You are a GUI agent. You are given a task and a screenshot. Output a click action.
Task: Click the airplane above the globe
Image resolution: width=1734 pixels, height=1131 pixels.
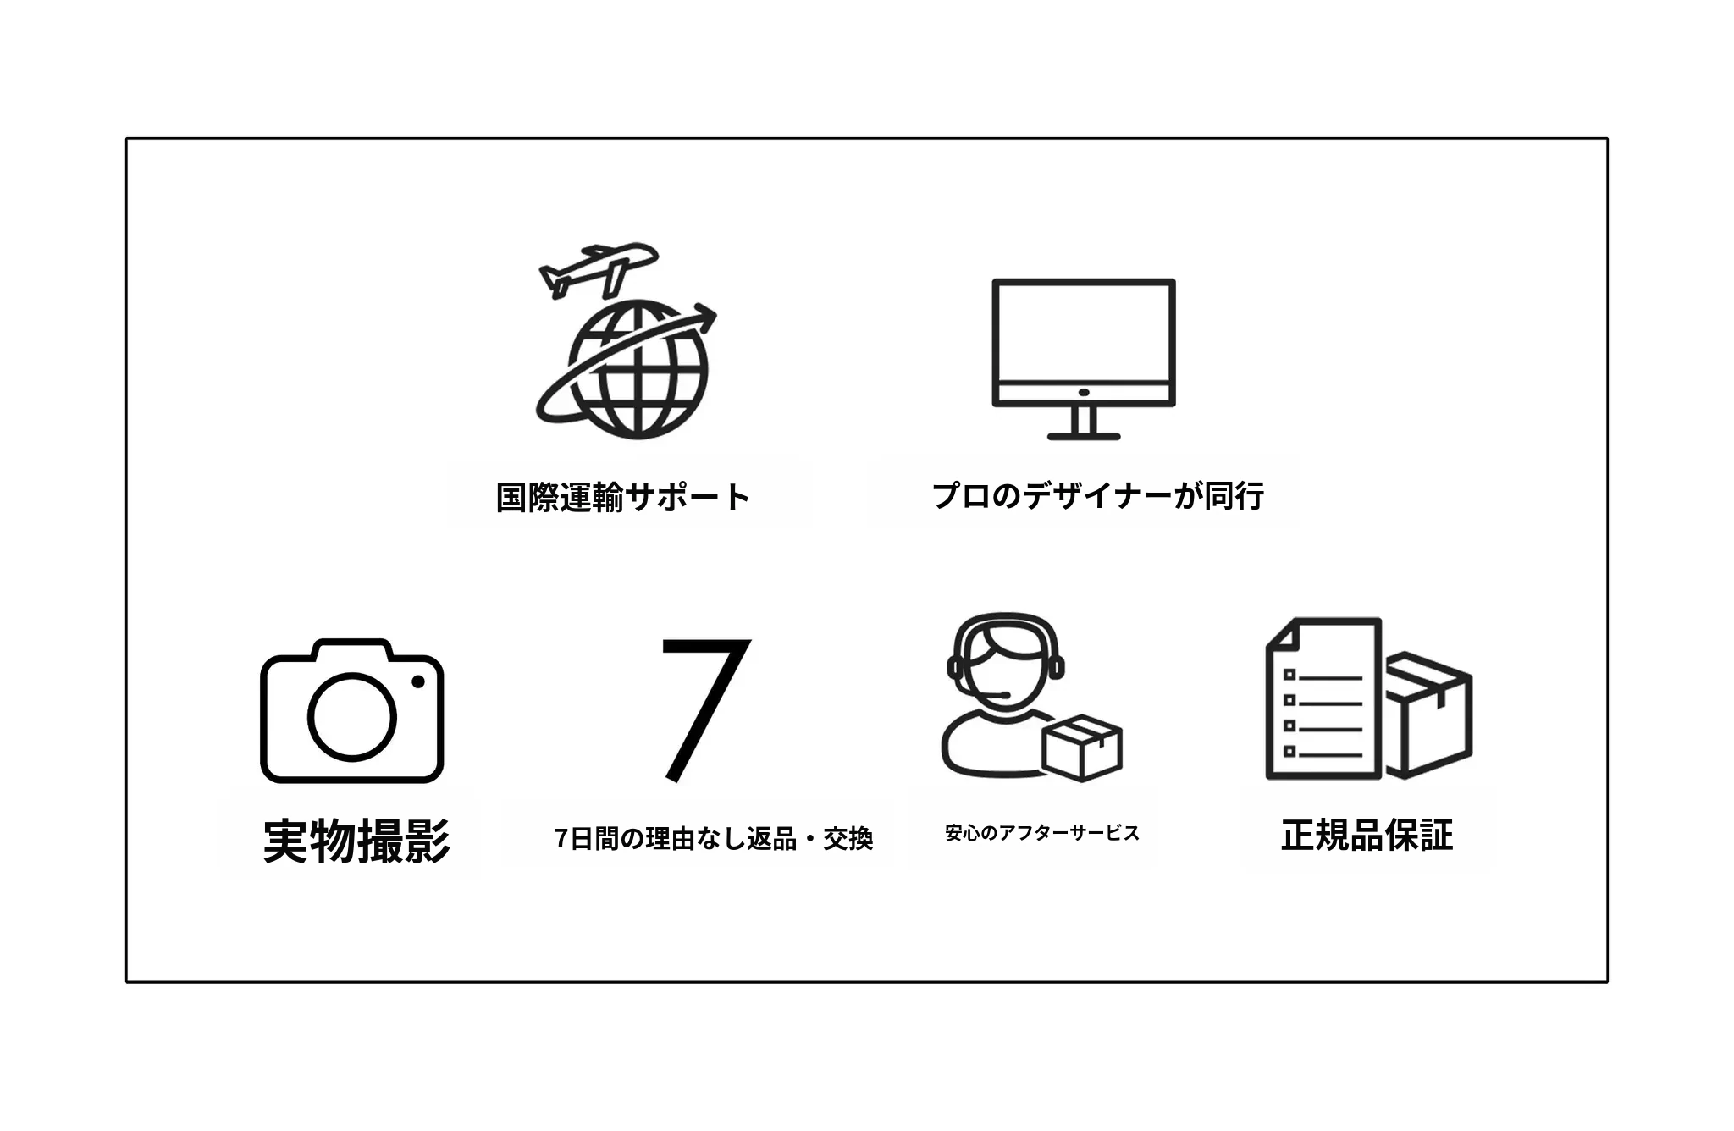[x=598, y=269]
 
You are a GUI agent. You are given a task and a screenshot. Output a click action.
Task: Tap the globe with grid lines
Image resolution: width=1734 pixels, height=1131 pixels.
[x=638, y=370]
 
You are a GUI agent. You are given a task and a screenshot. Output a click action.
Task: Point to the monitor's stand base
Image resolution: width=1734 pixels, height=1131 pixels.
[x=1084, y=436]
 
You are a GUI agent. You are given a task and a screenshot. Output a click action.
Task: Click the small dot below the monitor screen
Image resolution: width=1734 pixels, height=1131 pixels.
[x=1084, y=393]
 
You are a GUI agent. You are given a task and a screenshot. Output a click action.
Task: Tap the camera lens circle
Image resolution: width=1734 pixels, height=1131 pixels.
[x=351, y=716]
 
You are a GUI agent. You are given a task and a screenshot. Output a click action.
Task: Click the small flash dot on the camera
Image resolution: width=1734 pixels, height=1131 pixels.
[x=417, y=681]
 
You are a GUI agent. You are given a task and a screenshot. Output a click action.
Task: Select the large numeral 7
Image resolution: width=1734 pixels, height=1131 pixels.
[x=705, y=709]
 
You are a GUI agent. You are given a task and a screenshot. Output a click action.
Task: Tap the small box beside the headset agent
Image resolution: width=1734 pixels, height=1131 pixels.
[x=1082, y=748]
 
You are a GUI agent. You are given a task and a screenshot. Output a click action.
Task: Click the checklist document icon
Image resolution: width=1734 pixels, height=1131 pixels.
[x=1323, y=698]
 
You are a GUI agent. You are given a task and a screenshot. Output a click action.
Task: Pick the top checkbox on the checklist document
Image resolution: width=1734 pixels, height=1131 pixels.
[x=1289, y=675]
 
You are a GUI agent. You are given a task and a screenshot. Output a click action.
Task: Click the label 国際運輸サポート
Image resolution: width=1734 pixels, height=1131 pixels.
[x=623, y=497]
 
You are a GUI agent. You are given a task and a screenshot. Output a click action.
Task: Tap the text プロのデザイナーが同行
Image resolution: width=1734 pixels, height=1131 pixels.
[x=1098, y=496]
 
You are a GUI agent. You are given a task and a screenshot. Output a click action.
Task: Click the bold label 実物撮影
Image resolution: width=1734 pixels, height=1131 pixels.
[x=356, y=841]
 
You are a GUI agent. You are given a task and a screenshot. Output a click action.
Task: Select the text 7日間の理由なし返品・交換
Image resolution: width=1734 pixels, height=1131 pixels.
[x=714, y=838]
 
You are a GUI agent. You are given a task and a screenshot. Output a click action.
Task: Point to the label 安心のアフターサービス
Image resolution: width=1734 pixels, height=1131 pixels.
[x=1042, y=833]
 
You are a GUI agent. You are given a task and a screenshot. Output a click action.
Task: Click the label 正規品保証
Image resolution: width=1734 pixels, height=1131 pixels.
[x=1367, y=835]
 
